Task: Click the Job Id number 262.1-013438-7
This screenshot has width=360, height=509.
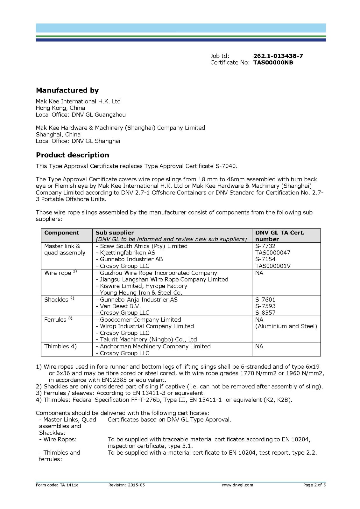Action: click(278, 56)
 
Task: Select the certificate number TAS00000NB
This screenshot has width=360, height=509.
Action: click(273, 63)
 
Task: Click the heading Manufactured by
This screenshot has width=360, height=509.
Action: click(67, 90)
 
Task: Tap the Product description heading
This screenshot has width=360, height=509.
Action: click(72, 155)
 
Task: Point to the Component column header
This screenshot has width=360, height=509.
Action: click(61, 233)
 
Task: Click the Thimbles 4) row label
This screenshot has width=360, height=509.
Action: click(60, 346)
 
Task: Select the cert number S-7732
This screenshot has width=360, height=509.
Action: click(265, 246)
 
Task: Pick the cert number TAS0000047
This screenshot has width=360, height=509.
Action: click(272, 253)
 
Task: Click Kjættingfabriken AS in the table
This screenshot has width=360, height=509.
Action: click(127, 253)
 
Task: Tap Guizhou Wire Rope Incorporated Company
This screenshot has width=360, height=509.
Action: click(158, 273)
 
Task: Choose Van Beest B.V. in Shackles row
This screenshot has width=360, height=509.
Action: click(120, 306)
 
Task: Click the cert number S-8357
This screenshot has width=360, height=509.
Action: click(265, 313)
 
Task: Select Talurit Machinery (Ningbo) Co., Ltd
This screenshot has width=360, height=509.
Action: click(148, 339)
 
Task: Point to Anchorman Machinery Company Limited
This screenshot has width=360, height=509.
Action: click(155, 346)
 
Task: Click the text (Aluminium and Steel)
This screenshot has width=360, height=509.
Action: click(286, 326)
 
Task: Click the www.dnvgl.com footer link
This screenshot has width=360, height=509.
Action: click(237, 485)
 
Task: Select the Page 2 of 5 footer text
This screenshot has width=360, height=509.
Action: click(314, 485)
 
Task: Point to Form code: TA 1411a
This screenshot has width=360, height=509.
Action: click(57, 485)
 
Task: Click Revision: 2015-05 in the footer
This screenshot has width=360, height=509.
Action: click(126, 485)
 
